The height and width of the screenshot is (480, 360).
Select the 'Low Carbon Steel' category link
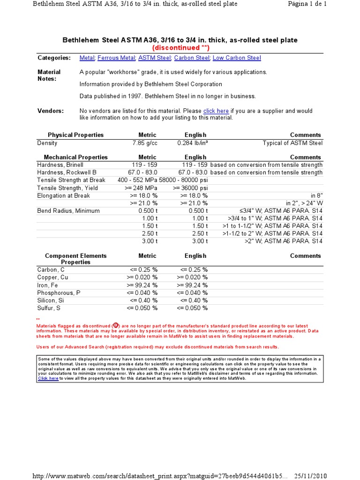(237, 58)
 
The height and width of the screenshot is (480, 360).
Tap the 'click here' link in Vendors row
(216, 111)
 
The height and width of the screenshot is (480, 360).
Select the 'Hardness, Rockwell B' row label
(67, 172)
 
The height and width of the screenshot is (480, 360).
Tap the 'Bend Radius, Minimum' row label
(68, 211)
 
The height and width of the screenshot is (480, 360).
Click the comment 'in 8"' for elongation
(316, 195)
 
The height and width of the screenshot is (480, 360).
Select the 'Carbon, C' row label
(51, 270)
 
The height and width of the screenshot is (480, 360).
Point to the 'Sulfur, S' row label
(49, 308)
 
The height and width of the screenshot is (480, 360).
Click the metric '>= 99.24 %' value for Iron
(142, 285)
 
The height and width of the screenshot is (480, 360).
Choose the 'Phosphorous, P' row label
(59, 292)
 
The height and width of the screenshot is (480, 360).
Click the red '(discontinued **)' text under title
(180, 48)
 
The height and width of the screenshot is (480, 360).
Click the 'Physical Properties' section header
(75, 135)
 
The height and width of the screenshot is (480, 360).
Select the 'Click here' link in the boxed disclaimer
(48, 378)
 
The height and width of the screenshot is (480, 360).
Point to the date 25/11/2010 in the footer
(310, 476)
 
